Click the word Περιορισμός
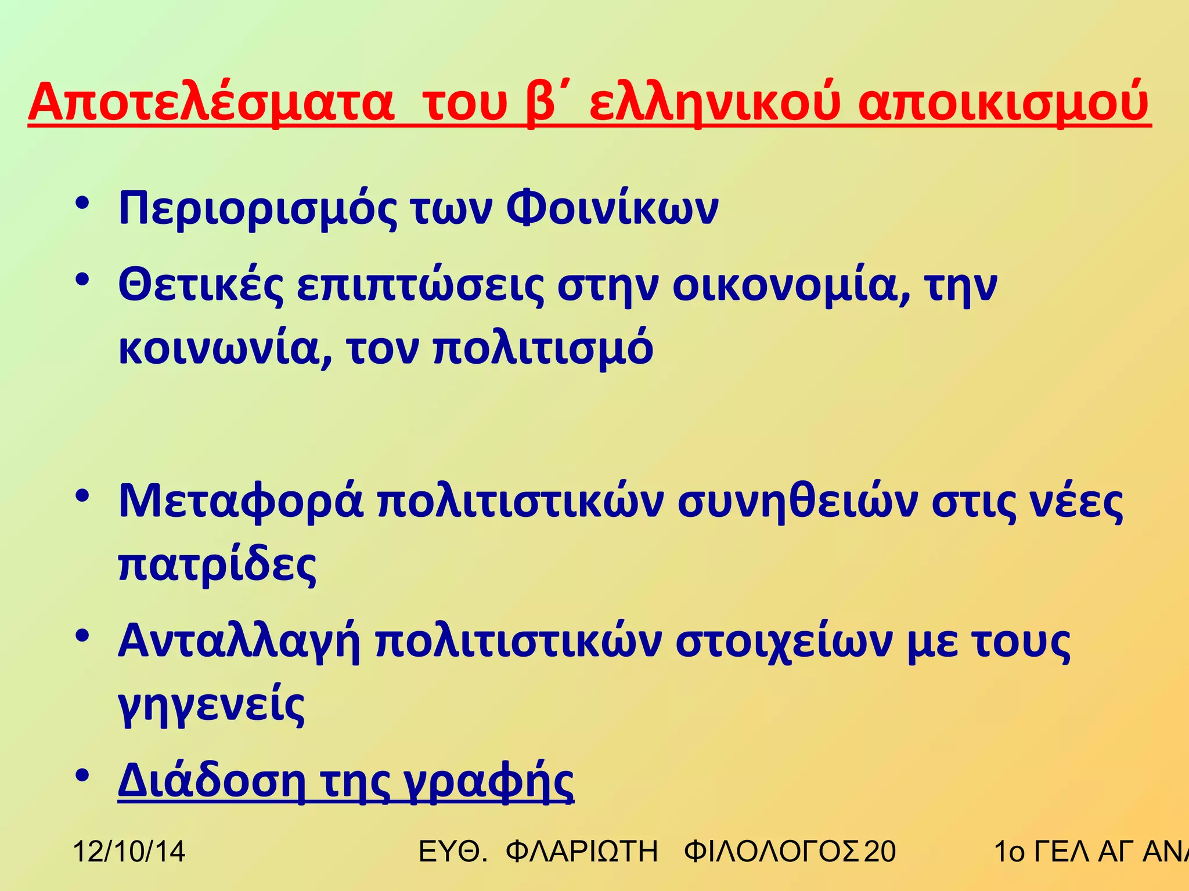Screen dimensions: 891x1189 (x=258, y=209)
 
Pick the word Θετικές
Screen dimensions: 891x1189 (x=201, y=285)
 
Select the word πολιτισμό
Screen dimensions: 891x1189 (x=543, y=349)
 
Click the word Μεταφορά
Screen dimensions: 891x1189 (x=240, y=501)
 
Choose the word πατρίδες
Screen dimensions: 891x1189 (x=217, y=565)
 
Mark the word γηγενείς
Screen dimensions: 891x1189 (x=211, y=705)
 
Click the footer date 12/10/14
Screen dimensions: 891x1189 (x=129, y=852)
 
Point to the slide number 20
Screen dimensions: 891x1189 (x=880, y=852)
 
